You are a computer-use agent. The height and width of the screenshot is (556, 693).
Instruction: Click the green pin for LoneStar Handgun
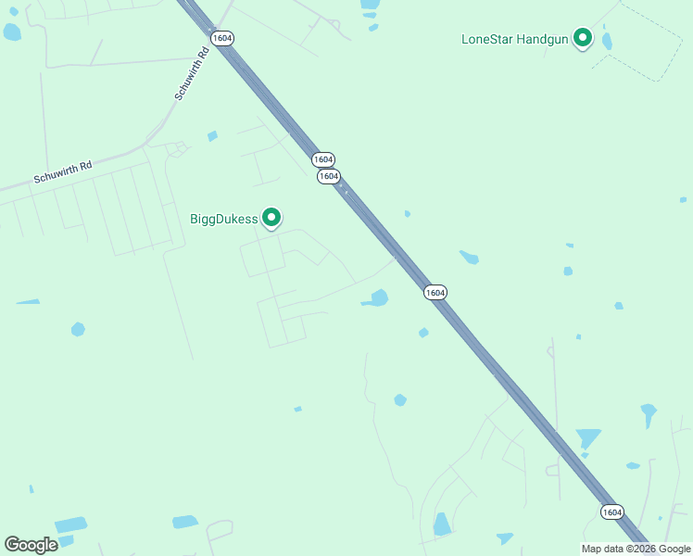[583, 37]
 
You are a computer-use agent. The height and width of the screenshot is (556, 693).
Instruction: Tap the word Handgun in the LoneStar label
[542, 39]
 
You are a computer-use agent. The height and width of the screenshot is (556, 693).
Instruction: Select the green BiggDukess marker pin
[271, 217]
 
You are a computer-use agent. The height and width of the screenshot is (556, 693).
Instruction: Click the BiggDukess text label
[223, 220]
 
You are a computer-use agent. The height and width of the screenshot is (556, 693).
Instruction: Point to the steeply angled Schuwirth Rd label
[193, 74]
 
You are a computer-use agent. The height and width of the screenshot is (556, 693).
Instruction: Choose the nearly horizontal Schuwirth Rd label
[63, 172]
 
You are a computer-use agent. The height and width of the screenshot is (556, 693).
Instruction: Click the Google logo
[31, 545]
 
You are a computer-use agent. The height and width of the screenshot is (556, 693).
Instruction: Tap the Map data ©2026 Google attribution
[636, 549]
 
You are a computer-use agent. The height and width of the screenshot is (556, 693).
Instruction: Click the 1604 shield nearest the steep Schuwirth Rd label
[222, 38]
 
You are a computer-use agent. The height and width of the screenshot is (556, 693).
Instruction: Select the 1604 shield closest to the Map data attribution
[611, 512]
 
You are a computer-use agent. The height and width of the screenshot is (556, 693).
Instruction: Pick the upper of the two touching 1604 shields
[322, 159]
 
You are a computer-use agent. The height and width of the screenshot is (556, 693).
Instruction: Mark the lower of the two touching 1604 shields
[328, 176]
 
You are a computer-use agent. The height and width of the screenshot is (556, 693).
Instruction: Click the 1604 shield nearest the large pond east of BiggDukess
[435, 292]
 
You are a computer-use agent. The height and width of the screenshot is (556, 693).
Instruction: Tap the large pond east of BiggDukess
[377, 298]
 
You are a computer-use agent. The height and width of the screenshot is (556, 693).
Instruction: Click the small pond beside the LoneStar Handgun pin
[607, 42]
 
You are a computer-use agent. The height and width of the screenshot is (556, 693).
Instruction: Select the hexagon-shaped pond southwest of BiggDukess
[78, 329]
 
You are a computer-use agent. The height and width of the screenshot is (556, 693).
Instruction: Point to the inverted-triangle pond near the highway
[587, 437]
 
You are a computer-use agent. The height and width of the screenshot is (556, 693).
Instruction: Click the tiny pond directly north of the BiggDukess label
[212, 136]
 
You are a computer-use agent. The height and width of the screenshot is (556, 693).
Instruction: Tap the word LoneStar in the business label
[489, 39]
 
